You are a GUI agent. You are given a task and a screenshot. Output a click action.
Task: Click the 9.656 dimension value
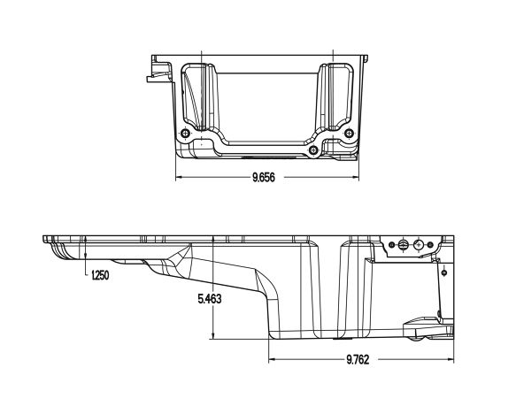[263, 177]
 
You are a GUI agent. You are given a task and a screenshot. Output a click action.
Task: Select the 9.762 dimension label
[358, 359]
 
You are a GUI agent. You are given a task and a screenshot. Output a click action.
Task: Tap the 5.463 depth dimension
[209, 299]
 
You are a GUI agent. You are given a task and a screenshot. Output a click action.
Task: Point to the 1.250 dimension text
[100, 276]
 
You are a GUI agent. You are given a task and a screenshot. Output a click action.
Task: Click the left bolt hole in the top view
[185, 134]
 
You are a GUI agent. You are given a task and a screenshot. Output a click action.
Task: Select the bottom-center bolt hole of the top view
[314, 150]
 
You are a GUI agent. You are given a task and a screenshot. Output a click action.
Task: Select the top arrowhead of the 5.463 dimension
[214, 241]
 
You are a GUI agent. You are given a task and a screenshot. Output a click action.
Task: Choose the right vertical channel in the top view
[335, 97]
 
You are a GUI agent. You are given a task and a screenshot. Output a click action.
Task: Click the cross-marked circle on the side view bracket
[404, 247]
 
